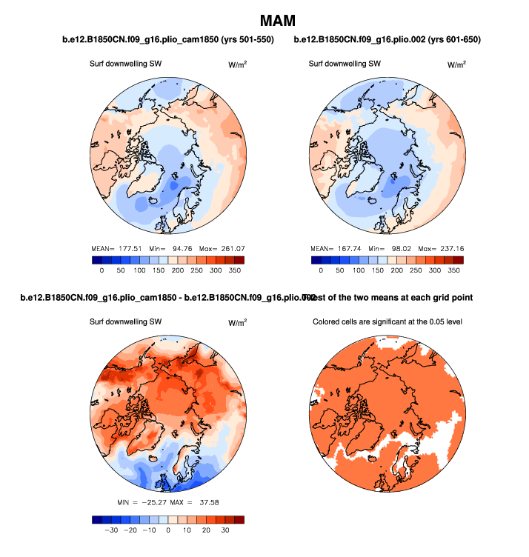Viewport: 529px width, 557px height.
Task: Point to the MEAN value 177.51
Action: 125,248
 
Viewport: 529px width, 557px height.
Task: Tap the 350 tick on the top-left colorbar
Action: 235,271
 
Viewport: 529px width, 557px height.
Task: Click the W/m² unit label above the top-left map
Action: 237,64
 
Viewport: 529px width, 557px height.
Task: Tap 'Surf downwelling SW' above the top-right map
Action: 345,64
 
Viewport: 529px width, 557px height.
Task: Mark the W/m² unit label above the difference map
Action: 237,323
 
